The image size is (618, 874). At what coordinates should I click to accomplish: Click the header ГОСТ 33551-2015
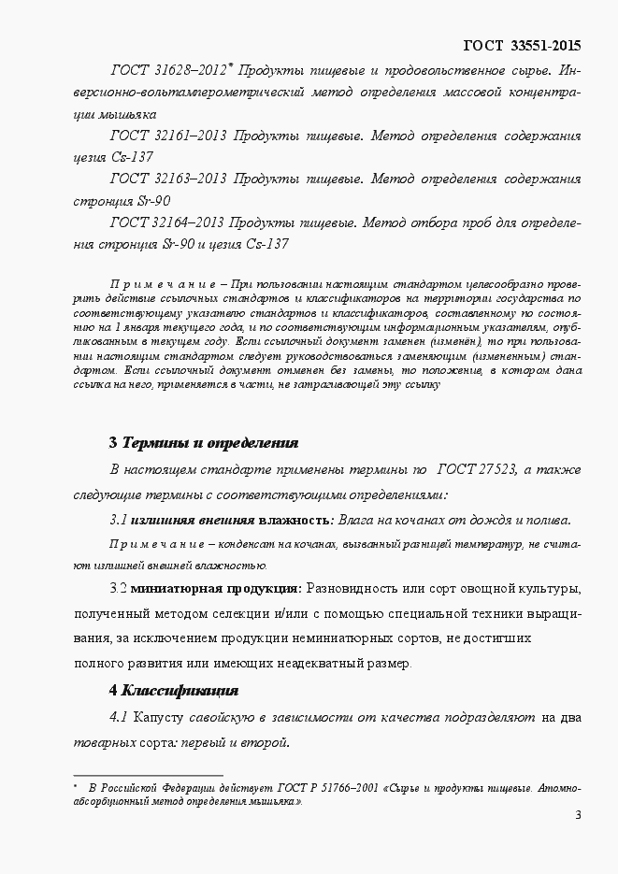pyautogui.click(x=522, y=45)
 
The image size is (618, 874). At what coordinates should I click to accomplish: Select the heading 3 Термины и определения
pyautogui.click(x=204, y=442)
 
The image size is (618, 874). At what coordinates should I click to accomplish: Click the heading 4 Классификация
pyautogui.click(x=174, y=691)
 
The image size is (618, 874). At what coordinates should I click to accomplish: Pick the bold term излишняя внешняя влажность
pyautogui.click(x=230, y=521)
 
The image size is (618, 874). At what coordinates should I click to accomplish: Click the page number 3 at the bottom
pyautogui.click(x=578, y=816)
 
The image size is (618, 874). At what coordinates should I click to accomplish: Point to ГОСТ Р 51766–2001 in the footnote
pyautogui.click(x=326, y=787)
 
